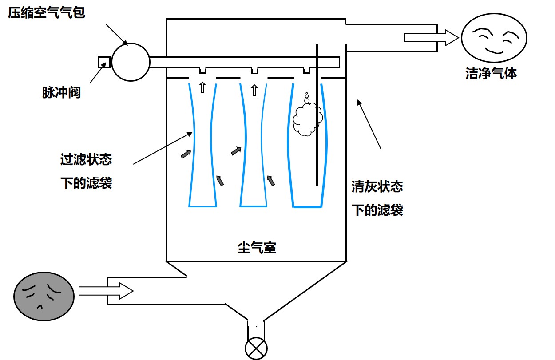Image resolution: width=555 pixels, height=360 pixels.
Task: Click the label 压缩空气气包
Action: [46, 12]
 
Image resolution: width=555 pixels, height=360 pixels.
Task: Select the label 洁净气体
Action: [491, 73]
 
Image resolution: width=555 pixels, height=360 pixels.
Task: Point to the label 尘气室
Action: [257, 248]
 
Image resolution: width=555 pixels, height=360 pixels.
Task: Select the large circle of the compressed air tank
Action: [131, 62]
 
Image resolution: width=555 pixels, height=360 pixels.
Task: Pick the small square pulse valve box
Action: [104, 62]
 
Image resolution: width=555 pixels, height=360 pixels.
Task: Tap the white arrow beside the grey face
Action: [106, 291]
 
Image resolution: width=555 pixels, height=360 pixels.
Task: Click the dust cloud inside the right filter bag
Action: [307, 118]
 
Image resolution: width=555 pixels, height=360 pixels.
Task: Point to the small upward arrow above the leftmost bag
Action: [202, 87]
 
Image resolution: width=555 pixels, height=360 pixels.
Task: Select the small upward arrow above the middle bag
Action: [254, 91]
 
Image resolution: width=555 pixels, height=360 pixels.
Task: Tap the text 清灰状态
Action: [377, 187]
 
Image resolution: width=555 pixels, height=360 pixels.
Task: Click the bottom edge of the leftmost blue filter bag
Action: [202, 206]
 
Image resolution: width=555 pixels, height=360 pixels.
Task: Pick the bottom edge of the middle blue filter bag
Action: [253, 206]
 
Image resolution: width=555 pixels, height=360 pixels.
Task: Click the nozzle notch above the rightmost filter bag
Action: [306, 71]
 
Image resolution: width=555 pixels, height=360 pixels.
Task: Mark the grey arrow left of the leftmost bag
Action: [186, 154]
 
